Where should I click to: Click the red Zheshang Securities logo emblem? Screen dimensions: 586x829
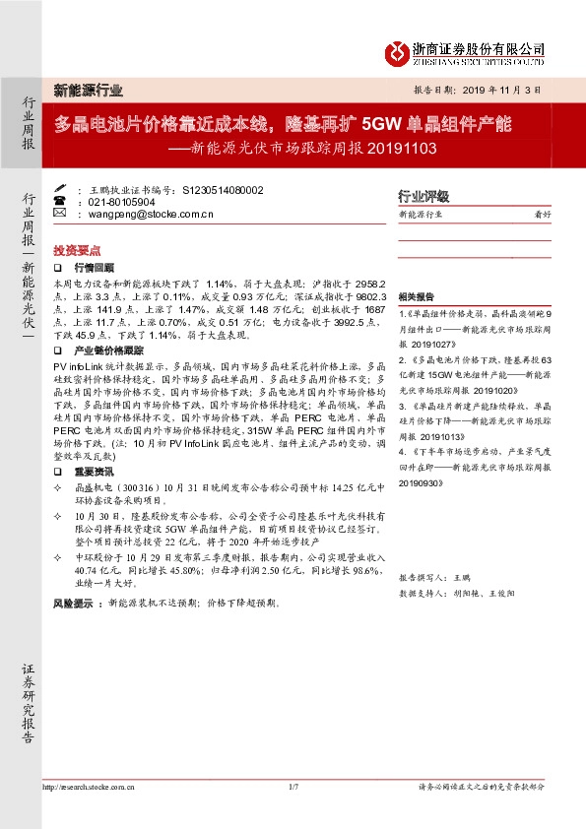pyautogui.click(x=399, y=50)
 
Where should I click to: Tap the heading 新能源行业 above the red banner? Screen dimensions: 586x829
pyautogui.click(x=88, y=90)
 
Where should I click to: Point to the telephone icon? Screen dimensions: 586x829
pyautogui.click(x=58, y=200)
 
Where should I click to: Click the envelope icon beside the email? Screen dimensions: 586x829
pyautogui.click(x=58, y=212)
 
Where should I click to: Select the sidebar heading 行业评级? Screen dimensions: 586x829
pyautogui.click(x=423, y=195)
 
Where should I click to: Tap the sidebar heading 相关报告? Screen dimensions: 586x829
pyautogui.click(x=415, y=296)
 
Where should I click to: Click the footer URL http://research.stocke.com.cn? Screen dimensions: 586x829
pyautogui.click(x=89, y=787)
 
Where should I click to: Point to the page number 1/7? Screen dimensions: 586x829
pyautogui.click(x=293, y=787)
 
